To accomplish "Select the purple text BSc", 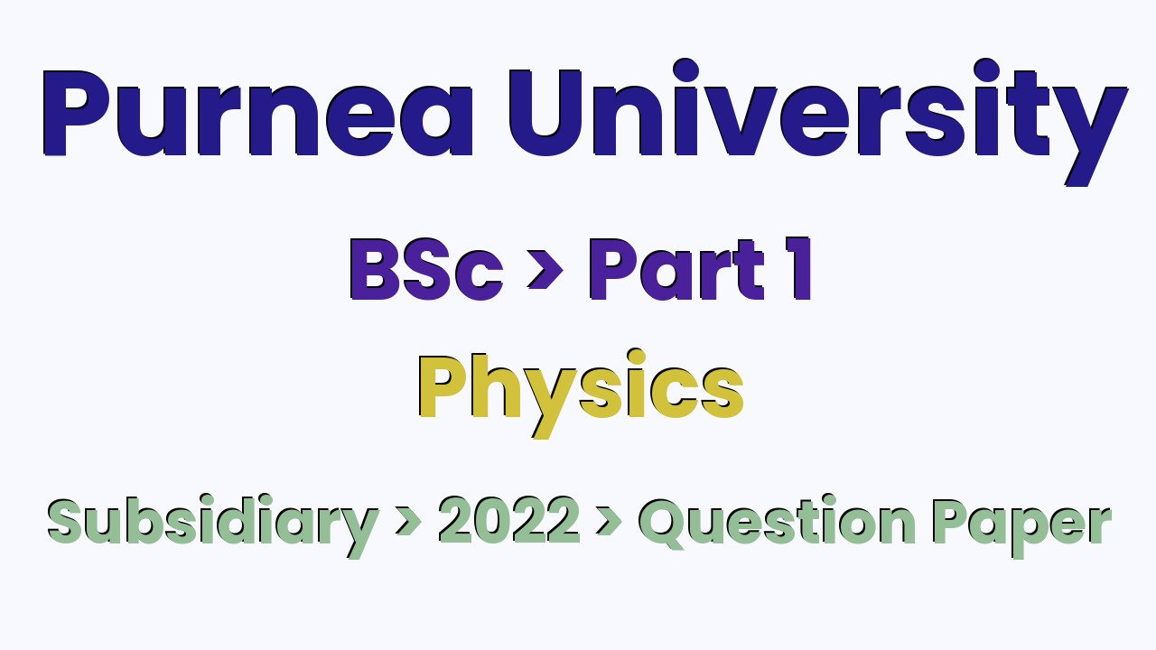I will point(424,272).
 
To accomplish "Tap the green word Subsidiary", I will point(212,522).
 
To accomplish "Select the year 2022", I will point(508,521).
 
